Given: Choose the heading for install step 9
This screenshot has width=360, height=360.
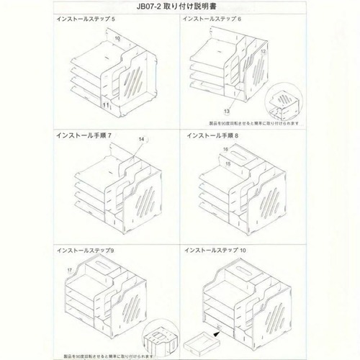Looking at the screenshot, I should click(86, 249).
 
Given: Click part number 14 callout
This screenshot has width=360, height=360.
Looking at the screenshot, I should click(142, 139).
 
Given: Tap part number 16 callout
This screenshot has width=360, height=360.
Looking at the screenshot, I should click(225, 150).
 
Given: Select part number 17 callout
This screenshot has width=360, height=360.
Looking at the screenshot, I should click(69, 270).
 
